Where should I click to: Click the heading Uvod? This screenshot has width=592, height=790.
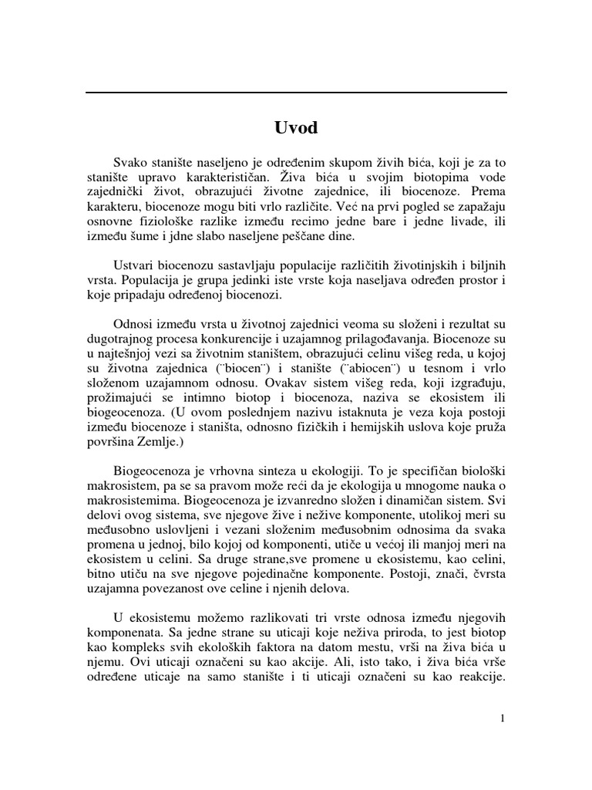coord(296,128)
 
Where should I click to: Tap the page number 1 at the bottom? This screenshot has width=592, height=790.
coord(503,718)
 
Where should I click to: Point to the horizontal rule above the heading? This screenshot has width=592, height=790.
coord(296,93)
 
